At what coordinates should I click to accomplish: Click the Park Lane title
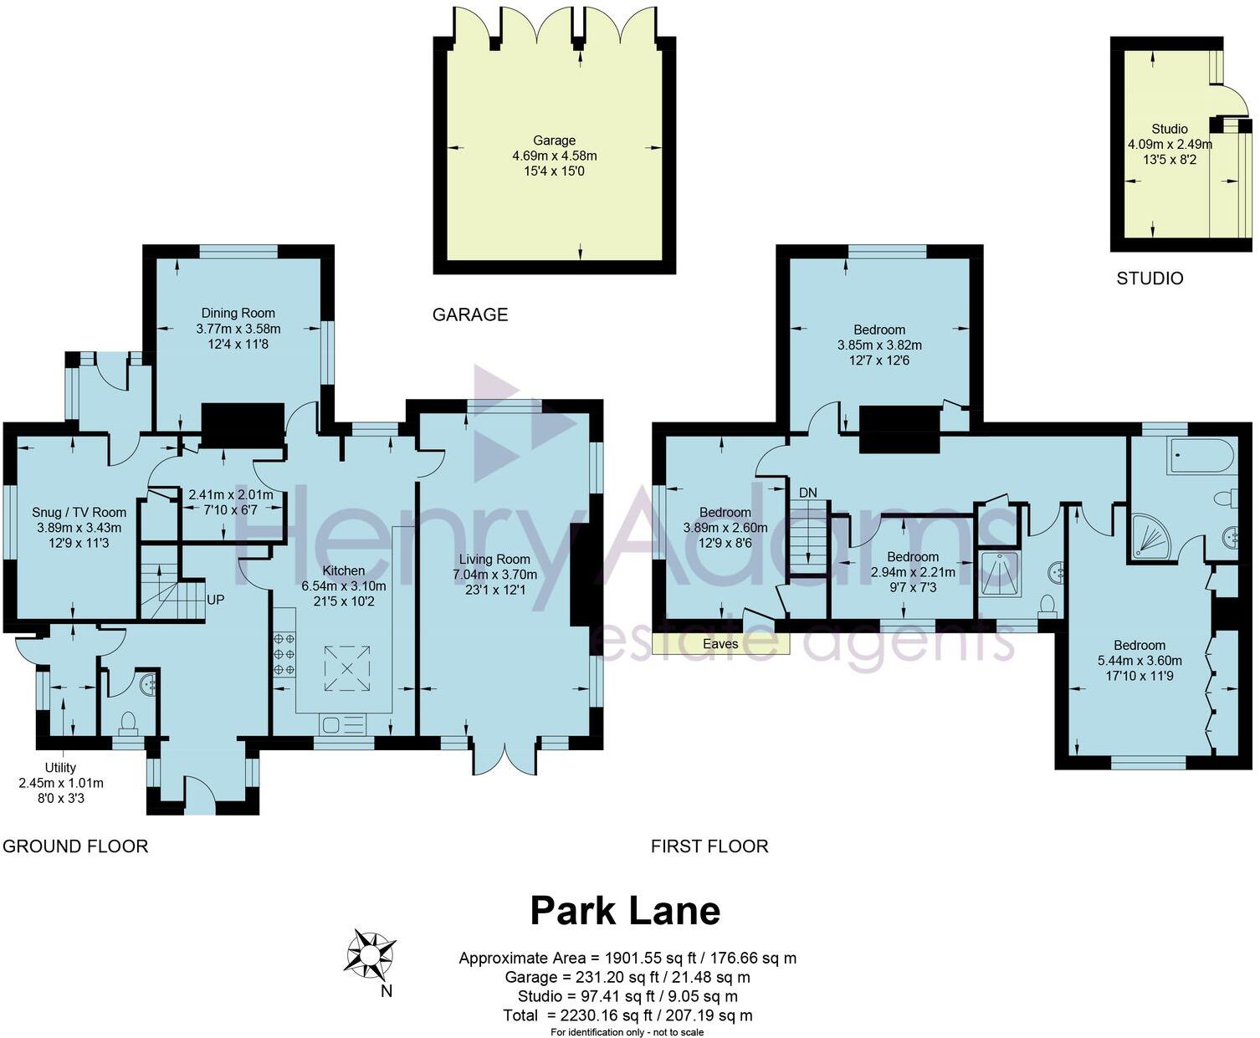[x=625, y=911]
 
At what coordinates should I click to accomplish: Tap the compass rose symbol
[x=370, y=954]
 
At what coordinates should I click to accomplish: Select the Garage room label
[x=554, y=141]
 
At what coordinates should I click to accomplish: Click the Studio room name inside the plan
[x=1169, y=129]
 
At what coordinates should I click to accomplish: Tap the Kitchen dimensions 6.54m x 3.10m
[x=344, y=586]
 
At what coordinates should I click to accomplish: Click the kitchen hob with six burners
[x=284, y=653]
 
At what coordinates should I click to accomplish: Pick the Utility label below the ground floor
[x=60, y=768]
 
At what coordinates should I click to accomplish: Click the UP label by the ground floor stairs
[x=215, y=600]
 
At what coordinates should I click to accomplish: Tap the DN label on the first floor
[x=807, y=493]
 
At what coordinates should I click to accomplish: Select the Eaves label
[x=720, y=644]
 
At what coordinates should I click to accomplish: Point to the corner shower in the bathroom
[x=1150, y=535]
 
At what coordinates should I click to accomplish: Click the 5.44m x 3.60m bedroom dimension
[x=1139, y=660]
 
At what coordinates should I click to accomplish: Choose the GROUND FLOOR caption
[x=75, y=846]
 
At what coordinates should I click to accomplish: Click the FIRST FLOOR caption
[x=709, y=846]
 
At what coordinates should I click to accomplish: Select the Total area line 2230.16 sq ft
[x=627, y=1015]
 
